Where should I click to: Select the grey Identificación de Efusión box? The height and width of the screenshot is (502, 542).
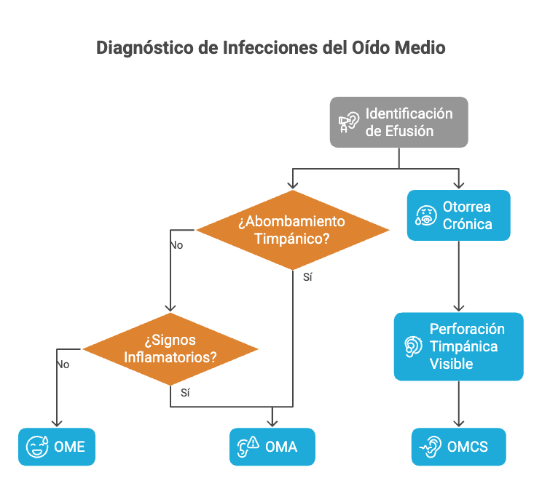pos(398,122)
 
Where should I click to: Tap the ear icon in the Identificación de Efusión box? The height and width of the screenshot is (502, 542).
pos(350,123)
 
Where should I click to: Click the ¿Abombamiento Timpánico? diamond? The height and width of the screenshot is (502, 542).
pos(292,230)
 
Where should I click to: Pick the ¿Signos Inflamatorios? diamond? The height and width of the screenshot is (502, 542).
pos(170,349)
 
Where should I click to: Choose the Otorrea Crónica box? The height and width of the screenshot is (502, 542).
pos(458,215)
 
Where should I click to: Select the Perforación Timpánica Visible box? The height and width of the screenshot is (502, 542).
pos(458,346)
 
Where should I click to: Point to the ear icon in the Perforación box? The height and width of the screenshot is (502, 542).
pos(413,346)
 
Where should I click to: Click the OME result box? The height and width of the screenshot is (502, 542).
pos(57,447)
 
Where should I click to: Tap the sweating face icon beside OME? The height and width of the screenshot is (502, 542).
pos(36,447)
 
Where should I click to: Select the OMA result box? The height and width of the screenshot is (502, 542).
pos(272,447)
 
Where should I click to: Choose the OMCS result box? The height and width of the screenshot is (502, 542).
pos(458,447)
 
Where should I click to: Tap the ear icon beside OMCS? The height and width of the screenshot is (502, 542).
pos(431,447)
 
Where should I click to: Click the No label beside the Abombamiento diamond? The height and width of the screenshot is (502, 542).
pos(176,245)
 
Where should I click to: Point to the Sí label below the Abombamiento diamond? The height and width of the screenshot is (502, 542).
pos(307,278)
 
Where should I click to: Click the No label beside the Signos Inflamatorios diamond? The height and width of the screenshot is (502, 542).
pos(63,364)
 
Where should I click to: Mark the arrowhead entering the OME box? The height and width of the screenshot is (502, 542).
pos(57,423)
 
